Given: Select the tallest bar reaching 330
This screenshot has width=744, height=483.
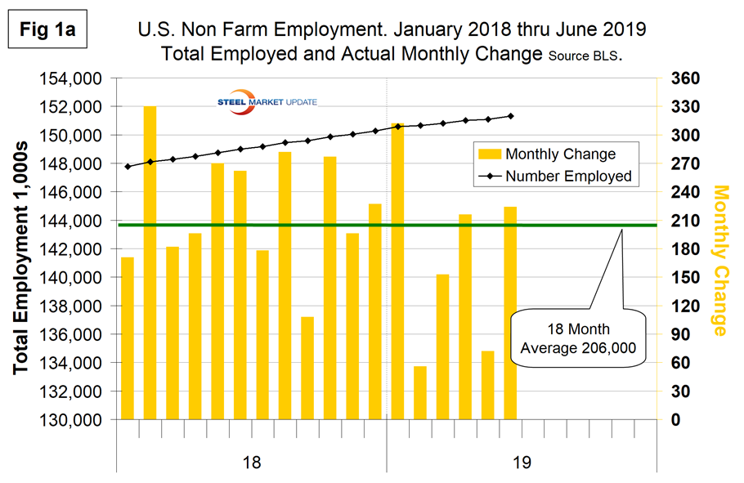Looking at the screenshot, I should (150, 262).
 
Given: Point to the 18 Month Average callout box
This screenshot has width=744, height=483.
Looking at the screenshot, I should (576, 342).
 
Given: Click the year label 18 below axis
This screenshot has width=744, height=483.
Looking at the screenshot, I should (252, 463).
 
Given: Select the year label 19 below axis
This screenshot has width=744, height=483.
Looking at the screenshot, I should (522, 463).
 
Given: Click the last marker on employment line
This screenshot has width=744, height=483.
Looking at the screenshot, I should (510, 116).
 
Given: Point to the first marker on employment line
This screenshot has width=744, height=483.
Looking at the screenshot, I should (128, 166).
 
